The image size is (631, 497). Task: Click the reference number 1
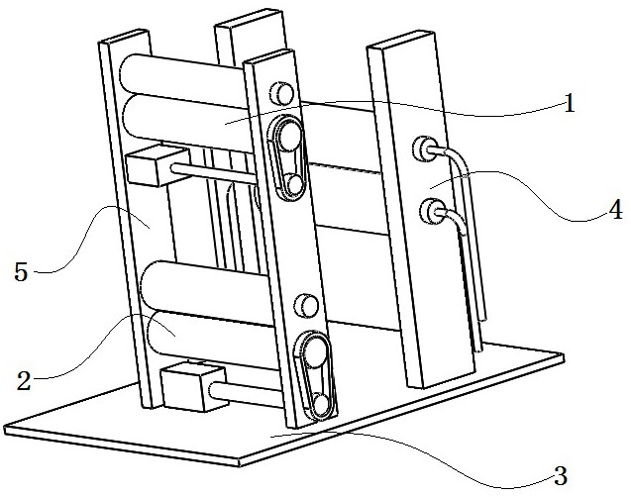pos(569,103)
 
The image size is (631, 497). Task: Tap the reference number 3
pos(560,475)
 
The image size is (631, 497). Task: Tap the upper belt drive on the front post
pos(285,157)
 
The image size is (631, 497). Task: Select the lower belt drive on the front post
pos(317,375)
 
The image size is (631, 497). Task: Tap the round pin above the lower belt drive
pos(305,306)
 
